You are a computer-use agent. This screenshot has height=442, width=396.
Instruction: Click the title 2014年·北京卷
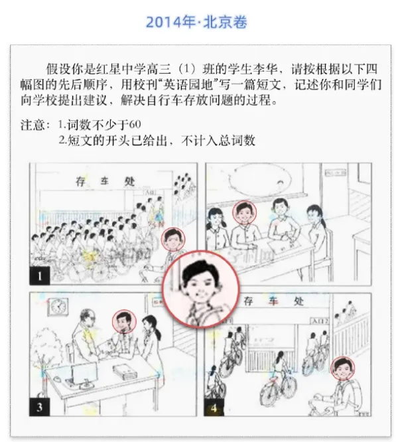[196, 22]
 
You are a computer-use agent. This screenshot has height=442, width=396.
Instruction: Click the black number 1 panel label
[39, 275]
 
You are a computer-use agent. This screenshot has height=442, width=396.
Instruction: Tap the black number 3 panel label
[39, 407]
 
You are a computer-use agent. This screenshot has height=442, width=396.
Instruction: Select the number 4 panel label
[214, 407]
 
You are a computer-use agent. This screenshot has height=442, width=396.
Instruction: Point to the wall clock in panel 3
[58, 307]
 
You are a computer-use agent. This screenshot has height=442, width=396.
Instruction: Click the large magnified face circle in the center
[201, 289]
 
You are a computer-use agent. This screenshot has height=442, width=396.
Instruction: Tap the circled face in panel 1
[173, 239]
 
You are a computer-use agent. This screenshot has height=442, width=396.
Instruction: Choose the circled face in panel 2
[245, 212]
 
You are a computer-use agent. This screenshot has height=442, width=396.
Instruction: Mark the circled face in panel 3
[124, 321]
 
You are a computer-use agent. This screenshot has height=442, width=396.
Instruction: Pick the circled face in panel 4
[343, 368]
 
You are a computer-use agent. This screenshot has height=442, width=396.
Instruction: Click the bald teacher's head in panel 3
[88, 317]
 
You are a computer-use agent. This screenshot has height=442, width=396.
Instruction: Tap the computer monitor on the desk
[84, 373]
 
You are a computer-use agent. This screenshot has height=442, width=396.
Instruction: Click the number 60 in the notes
[135, 124]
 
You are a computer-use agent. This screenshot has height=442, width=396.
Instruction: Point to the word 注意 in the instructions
[32, 125]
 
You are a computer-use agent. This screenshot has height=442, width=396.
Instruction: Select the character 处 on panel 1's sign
[129, 182]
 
